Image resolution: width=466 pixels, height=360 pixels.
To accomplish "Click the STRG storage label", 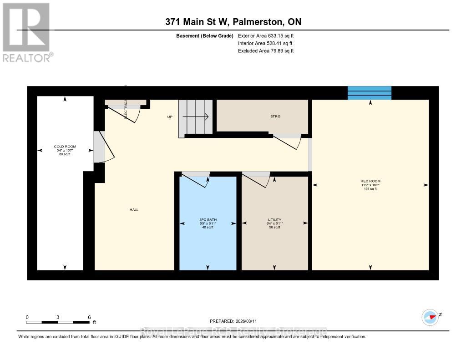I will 275,117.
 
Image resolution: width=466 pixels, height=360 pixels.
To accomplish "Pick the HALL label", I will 133,210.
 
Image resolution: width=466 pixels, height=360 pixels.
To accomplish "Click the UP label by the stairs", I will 170,117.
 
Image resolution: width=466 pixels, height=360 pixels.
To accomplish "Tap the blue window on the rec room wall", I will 370,92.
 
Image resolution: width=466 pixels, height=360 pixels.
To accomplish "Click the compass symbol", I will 430,317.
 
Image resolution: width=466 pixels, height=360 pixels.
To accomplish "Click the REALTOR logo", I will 27,32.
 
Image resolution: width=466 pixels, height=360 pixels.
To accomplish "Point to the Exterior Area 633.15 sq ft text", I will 266,35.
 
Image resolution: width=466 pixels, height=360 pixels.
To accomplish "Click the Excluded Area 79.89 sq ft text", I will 266,51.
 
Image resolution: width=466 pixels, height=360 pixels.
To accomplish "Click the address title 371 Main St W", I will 233,22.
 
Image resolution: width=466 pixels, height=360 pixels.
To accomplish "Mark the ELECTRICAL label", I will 126,109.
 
